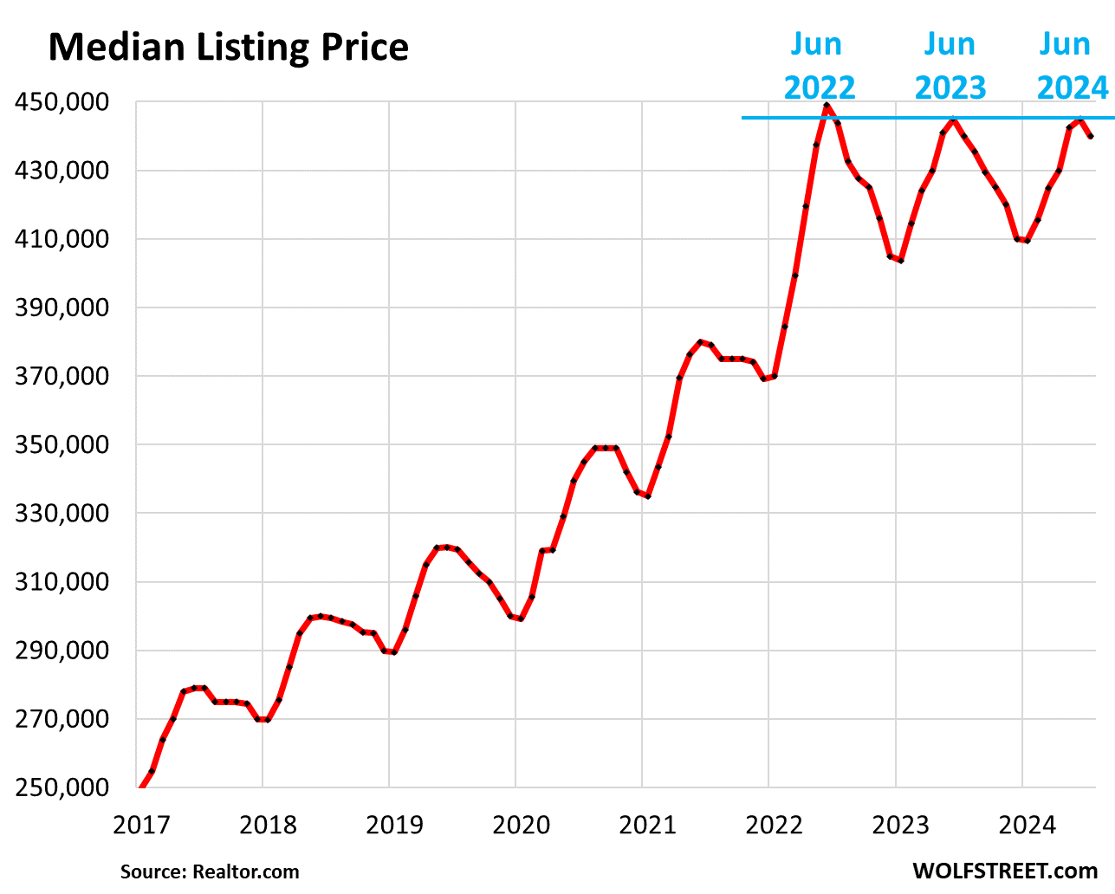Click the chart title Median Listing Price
point(228,47)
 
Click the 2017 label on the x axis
point(141,824)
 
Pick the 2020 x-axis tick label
point(521,824)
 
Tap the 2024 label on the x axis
point(1027,824)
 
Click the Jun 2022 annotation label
point(819,66)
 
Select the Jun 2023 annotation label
point(950,66)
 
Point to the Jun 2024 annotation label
point(1072,66)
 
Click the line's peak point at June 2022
point(827,106)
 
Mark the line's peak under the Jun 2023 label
point(953,120)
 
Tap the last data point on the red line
point(1091,136)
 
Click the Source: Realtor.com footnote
point(210,871)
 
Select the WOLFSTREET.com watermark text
point(1004,871)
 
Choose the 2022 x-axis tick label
point(774,824)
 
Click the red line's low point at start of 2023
point(901,260)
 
